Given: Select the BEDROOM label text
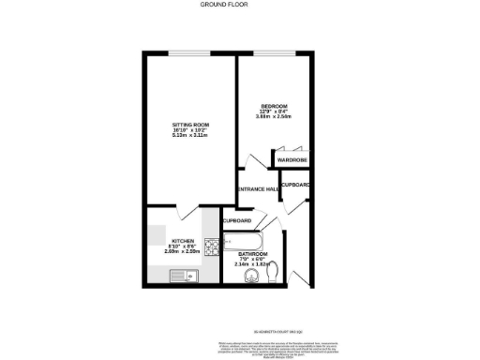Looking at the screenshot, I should coord(274,105).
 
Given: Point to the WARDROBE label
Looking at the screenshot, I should coord(292,161).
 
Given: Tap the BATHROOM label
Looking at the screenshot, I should coord(253,254).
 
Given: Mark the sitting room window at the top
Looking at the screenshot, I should coord(187,53).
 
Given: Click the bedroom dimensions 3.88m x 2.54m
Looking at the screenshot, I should coord(274,116).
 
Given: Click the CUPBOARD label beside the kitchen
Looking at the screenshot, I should coord(236,220).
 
